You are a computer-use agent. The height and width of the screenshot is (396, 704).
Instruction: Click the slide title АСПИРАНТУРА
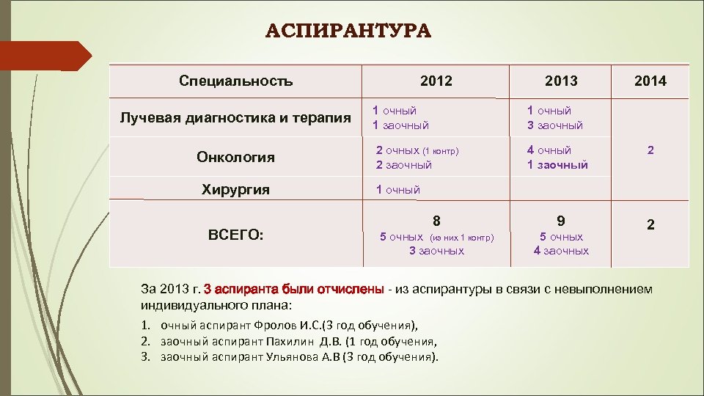[x=348, y=32]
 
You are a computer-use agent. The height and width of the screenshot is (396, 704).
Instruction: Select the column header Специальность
[x=235, y=81]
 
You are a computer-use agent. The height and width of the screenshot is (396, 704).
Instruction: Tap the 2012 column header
[x=436, y=81]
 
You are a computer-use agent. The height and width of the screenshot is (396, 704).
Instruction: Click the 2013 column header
[x=561, y=81]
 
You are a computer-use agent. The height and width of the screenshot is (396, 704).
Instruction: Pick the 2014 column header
[x=650, y=81]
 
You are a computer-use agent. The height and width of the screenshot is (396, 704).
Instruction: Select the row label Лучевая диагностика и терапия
[x=235, y=119]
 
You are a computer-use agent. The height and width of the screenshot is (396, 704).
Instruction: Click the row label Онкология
[x=235, y=157]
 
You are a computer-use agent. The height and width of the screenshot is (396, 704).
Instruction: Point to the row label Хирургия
[x=235, y=190]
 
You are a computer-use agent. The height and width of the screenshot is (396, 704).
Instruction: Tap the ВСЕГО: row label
[x=235, y=235]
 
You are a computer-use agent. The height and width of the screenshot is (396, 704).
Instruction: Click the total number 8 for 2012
[x=436, y=220]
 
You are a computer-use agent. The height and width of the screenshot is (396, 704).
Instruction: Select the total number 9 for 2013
[x=561, y=220]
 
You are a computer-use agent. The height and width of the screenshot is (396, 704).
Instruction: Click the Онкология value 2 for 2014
[x=650, y=150]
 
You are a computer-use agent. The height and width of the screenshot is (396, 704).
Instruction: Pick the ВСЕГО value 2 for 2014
[x=650, y=227]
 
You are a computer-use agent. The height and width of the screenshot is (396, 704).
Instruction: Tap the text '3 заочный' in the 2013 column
[x=555, y=125]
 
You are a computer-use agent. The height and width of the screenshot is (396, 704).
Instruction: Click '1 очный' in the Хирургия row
[x=398, y=190]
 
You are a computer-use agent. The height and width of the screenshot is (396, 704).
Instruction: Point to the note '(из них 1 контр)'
[x=461, y=238]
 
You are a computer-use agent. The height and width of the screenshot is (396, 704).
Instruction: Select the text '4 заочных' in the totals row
[x=561, y=251]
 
